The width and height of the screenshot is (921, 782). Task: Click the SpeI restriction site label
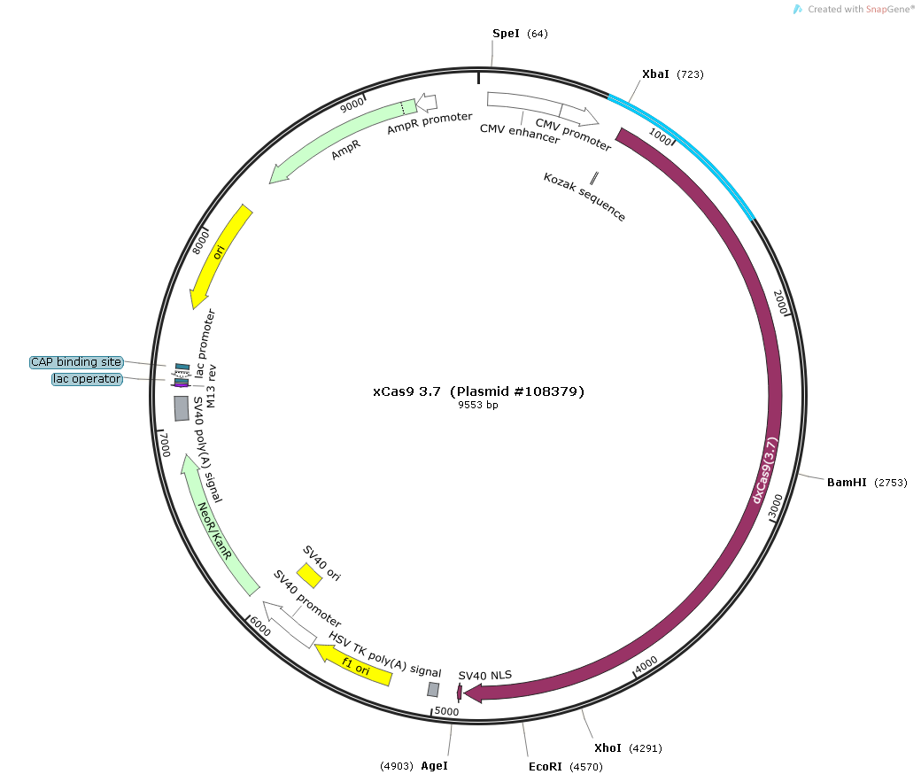[x=507, y=34]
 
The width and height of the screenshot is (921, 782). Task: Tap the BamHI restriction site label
[x=847, y=483]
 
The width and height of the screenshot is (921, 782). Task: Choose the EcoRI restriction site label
[x=544, y=766]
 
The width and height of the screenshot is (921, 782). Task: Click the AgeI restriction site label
[x=434, y=765]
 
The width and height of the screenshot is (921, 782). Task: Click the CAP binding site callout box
[x=76, y=362]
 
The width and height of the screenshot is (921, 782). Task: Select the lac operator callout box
[x=87, y=379]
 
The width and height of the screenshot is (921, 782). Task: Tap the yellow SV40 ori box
[x=309, y=576]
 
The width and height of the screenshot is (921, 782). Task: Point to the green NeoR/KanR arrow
[x=217, y=528]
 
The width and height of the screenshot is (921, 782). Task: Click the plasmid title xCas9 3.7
[x=478, y=391]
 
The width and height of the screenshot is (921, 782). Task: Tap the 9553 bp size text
[x=478, y=406]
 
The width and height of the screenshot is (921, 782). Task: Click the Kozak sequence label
[x=584, y=197]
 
